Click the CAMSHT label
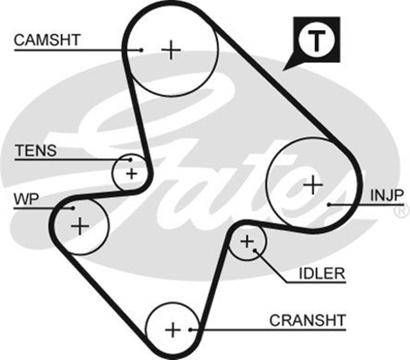(x=47, y=40)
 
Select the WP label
(x=26, y=199)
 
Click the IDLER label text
(x=322, y=274)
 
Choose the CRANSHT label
(x=307, y=320)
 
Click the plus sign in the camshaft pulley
(x=171, y=49)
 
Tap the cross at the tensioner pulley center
(x=131, y=173)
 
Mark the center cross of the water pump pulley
(x=80, y=225)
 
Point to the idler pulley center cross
(x=247, y=241)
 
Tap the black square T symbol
(x=315, y=40)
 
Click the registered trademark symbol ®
(x=402, y=209)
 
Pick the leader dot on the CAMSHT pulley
(x=142, y=49)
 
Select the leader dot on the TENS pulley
(x=131, y=159)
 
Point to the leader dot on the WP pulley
(x=74, y=208)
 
